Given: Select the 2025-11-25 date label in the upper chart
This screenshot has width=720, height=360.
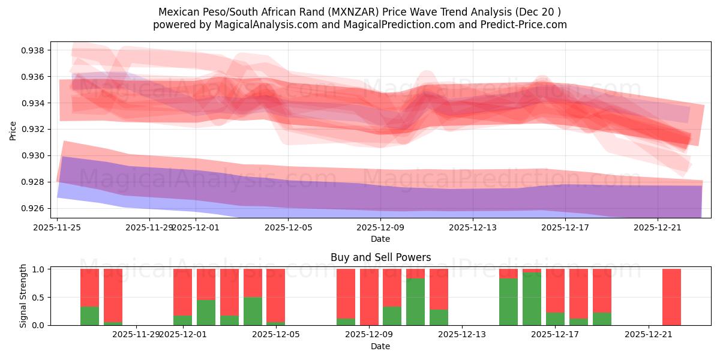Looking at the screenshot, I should (x=57, y=227).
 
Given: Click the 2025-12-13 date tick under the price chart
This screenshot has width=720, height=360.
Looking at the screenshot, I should (x=473, y=227).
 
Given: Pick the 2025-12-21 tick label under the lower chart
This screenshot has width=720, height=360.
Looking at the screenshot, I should (x=649, y=335).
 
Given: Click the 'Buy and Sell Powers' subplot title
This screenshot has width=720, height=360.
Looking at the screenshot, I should (x=380, y=257).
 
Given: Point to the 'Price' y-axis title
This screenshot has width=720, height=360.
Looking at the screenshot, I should (x=13, y=130).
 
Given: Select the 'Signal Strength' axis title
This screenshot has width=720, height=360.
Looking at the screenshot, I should (x=23, y=296).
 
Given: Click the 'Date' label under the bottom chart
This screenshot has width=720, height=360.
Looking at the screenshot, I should (x=380, y=346).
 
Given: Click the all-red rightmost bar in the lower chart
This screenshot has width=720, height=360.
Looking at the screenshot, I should (x=671, y=297).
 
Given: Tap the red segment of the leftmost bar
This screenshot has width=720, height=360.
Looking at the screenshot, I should (x=89, y=287).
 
